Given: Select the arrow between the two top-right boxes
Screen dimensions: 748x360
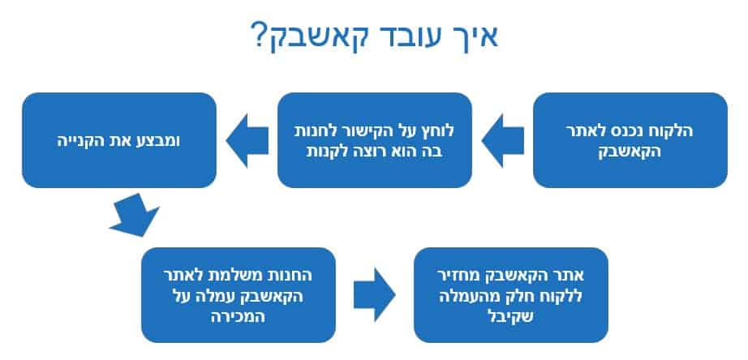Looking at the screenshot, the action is [x=503, y=140].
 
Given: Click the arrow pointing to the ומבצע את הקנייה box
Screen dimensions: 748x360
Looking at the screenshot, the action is [x=247, y=140].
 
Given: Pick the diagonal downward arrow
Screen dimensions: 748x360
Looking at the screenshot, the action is [x=134, y=216].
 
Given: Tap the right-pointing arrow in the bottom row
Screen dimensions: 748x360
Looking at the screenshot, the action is [x=375, y=294].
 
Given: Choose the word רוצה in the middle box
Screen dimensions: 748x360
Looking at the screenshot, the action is [x=351, y=153].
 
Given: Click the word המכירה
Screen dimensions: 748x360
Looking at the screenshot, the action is [x=238, y=317].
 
